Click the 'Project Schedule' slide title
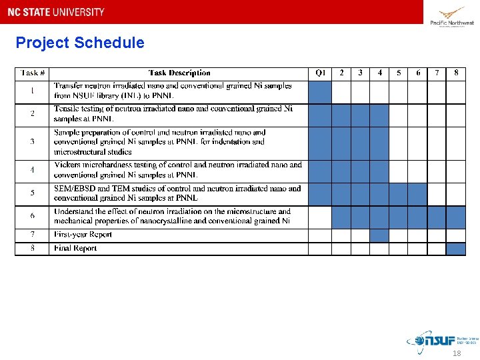79,43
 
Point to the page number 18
456,353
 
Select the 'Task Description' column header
179,73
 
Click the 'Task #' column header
33,73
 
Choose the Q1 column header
320,73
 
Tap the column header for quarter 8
456,73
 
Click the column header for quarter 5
399,73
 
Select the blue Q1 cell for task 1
320,92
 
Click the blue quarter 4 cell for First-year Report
379,235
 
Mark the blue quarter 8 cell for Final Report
456,249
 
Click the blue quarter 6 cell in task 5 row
417,194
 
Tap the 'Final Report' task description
75,249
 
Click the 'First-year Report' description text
83,235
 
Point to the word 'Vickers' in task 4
68,165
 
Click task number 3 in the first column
33,142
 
